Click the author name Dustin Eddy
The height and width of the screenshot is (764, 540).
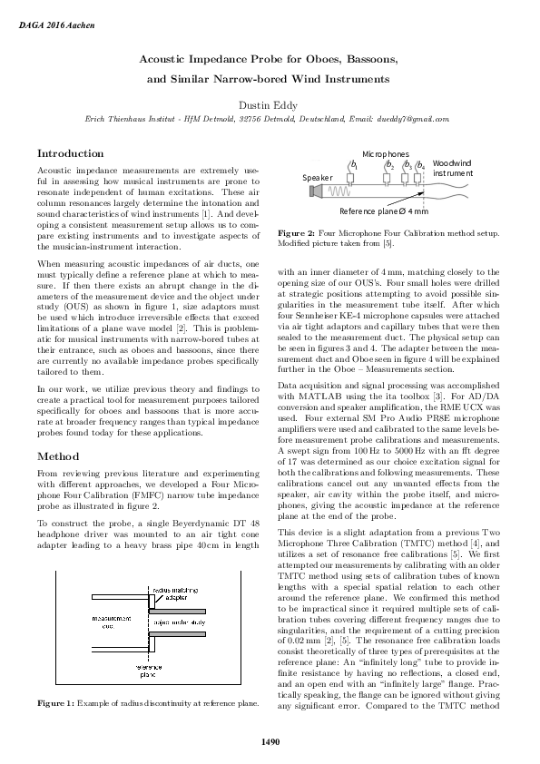(270, 104)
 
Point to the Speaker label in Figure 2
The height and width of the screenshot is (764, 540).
(318, 177)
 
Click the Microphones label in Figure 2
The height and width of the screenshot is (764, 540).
(386, 154)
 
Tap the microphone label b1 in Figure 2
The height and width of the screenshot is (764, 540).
(353, 165)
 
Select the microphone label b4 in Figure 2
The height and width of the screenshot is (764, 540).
(419, 165)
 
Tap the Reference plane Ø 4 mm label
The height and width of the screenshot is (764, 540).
(383, 211)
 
